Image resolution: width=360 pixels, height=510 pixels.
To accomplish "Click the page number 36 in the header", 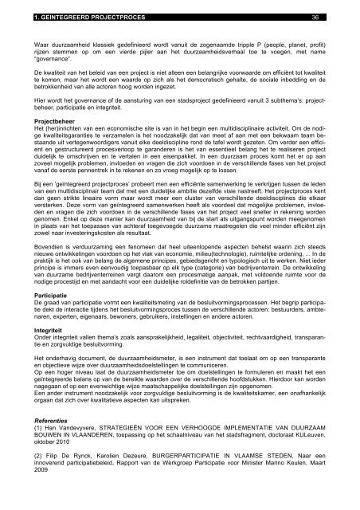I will pyautogui.click(x=315, y=16).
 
